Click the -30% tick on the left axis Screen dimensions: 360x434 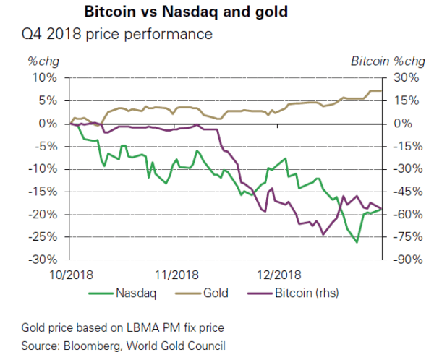coord(43,260)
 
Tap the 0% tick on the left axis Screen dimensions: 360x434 coord(48,124)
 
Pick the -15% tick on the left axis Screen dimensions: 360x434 coord(43,192)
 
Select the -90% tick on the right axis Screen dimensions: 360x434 coord(404,260)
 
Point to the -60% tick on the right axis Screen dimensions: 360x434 coord(404,214)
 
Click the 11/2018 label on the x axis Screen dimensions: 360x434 coord(176,275)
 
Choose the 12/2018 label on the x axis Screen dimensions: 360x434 coord(278,275)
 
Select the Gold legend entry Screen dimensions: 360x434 coord(215,293)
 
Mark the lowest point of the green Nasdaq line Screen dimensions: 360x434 coord(357,242)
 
